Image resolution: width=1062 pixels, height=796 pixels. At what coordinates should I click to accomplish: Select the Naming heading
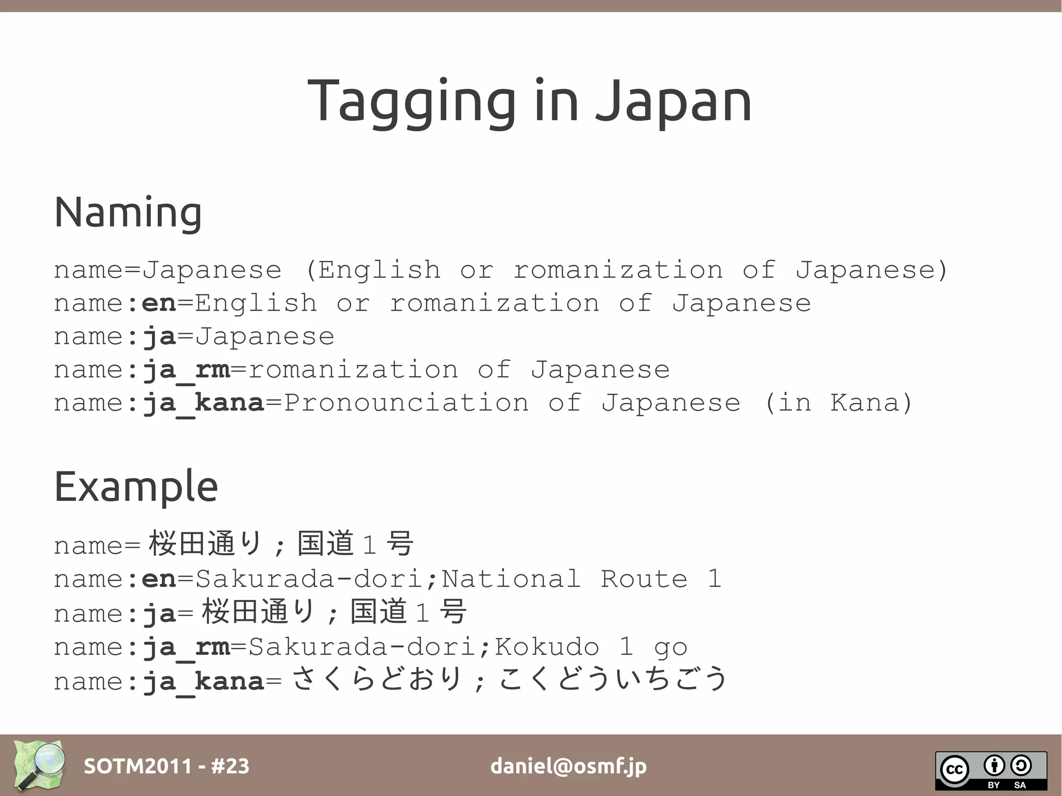(x=128, y=212)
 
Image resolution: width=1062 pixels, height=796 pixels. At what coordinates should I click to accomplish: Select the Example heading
(x=136, y=486)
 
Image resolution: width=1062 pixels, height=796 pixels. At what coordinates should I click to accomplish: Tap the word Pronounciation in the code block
(x=407, y=403)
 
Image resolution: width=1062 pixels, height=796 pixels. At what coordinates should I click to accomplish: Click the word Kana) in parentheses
(x=871, y=403)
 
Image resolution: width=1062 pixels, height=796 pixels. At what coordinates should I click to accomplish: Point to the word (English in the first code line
(x=373, y=270)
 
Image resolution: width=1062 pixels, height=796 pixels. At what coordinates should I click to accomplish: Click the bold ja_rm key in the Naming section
(x=186, y=370)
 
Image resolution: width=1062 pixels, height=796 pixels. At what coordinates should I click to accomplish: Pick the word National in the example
(x=511, y=579)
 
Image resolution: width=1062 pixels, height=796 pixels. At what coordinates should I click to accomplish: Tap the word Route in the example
(x=644, y=579)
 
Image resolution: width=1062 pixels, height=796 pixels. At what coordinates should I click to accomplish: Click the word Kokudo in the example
(x=547, y=647)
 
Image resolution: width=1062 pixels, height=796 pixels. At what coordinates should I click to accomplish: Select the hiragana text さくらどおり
(x=377, y=679)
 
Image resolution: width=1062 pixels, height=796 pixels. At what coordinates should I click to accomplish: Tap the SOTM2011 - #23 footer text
(x=166, y=766)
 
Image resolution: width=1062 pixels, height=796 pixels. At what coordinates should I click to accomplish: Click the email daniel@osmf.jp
(x=568, y=766)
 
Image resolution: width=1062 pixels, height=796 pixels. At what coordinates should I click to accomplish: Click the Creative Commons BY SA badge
(x=990, y=771)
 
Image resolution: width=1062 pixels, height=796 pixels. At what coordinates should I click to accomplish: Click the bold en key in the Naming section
(x=159, y=303)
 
